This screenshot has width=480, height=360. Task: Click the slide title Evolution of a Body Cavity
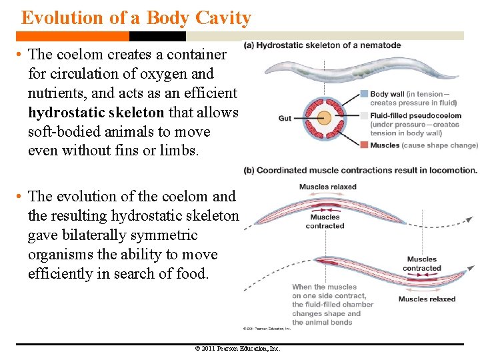(136, 17)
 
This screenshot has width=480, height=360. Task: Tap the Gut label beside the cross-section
(285, 119)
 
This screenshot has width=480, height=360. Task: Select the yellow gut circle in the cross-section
(324, 119)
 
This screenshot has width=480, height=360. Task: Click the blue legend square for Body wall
(364, 94)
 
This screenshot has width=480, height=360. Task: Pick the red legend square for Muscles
(364, 145)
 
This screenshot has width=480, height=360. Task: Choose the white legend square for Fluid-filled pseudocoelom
(364, 115)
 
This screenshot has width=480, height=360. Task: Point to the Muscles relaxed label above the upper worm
(327, 187)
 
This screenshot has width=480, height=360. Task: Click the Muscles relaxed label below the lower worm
(427, 299)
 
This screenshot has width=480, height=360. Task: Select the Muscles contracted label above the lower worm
(421, 264)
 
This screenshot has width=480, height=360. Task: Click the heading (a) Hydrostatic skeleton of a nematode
(323, 45)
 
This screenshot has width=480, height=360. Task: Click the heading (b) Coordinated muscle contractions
(361, 170)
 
